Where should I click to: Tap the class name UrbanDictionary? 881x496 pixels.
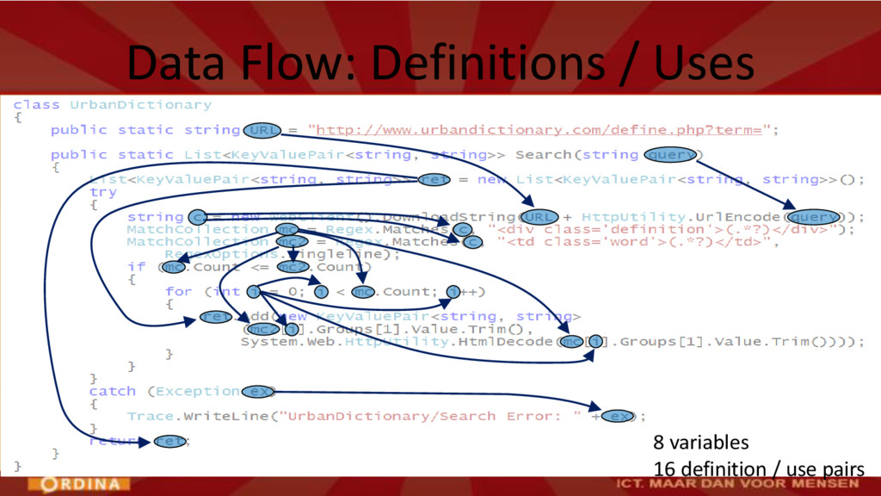(140, 105)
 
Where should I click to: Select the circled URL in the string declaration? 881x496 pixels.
(262, 130)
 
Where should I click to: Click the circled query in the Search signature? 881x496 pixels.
(670, 155)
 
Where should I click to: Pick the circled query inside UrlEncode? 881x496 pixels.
(813, 217)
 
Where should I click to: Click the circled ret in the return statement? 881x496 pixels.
(169, 442)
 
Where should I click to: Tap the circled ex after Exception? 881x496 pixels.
(257, 392)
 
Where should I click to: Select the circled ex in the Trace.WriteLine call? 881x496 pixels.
(616, 417)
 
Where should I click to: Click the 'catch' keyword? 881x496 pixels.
(112, 392)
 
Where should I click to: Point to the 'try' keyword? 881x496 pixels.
(102, 192)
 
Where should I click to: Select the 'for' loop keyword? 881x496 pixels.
(178, 292)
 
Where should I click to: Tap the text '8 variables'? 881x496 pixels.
(700, 443)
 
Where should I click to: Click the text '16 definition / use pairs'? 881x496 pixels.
(757, 469)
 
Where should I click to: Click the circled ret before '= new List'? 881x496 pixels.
(434, 180)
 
